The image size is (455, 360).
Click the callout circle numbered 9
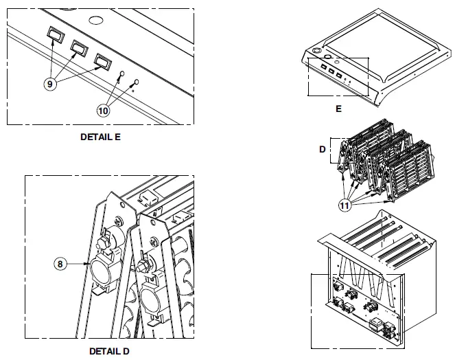click(50, 83)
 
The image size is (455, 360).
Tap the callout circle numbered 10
click(103, 108)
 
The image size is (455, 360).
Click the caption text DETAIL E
click(100, 137)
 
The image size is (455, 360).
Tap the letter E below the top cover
click(338, 109)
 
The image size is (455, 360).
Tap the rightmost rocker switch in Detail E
click(102, 63)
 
